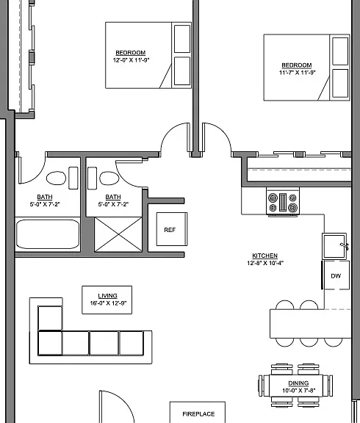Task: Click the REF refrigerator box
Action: click(172, 229)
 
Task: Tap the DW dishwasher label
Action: click(336, 275)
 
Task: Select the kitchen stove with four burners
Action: click(283, 202)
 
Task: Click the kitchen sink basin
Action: click(334, 246)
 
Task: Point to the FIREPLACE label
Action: click(198, 414)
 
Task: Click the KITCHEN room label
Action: click(264, 256)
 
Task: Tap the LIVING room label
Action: click(107, 296)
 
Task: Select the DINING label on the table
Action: click(298, 383)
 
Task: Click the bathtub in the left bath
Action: click(48, 234)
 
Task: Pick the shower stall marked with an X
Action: click(118, 234)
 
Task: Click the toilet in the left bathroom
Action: click(56, 178)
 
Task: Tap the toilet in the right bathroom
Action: click(109, 178)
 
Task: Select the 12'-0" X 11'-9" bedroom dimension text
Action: click(131, 60)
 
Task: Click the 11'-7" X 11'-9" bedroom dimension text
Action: click(297, 72)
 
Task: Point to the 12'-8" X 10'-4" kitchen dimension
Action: click(265, 263)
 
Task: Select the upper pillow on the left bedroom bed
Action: click(182, 39)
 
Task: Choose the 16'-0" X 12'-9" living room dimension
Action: click(108, 303)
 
